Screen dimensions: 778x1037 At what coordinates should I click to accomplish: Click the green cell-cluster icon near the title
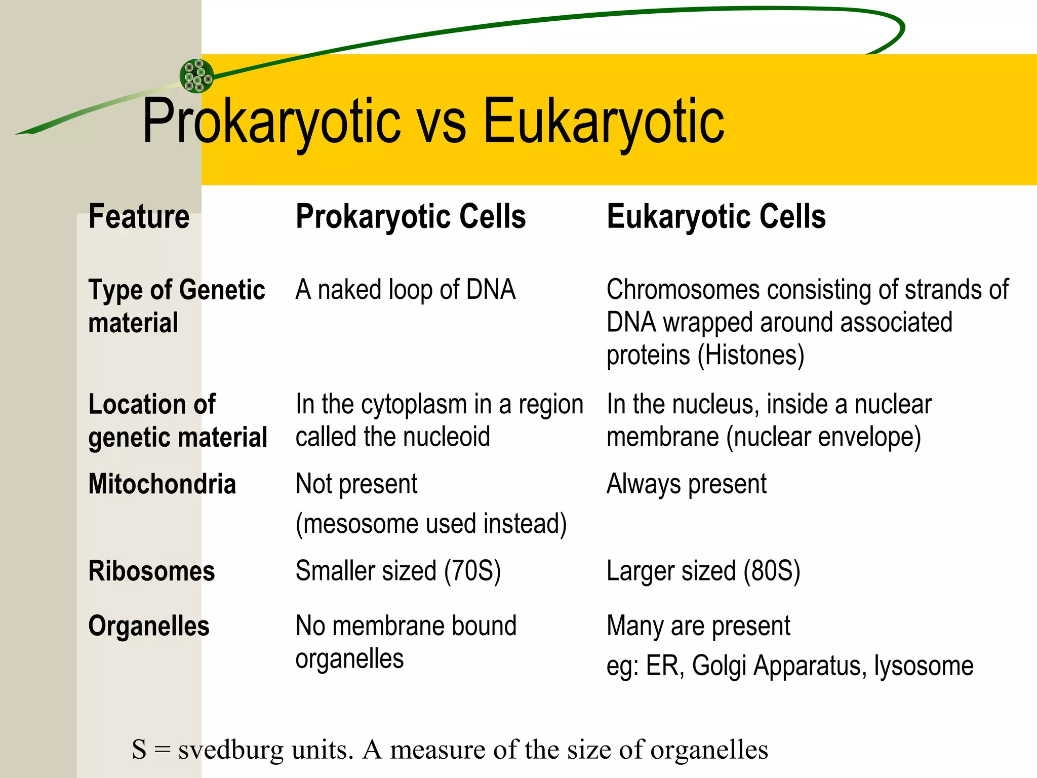[x=197, y=76]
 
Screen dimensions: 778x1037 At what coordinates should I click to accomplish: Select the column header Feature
[x=139, y=217]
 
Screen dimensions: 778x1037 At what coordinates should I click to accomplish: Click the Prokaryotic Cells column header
[x=411, y=217]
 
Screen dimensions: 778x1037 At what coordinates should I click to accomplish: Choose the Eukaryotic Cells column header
[x=716, y=217]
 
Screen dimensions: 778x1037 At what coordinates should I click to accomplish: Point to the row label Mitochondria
[x=162, y=484]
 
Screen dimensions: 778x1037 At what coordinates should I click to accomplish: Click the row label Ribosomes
[x=151, y=571]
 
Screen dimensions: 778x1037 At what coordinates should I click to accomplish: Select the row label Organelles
[x=148, y=626]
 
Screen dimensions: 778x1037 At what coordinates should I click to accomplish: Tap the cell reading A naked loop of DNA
[x=405, y=290]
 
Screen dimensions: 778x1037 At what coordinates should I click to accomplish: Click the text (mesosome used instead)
[x=431, y=524]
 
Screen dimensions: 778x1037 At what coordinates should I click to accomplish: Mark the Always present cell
[x=686, y=484]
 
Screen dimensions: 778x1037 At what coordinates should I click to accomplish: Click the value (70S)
[x=472, y=571]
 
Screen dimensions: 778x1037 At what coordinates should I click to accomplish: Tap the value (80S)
[x=772, y=571]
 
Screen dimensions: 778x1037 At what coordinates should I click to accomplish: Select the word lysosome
[x=924, y=666]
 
